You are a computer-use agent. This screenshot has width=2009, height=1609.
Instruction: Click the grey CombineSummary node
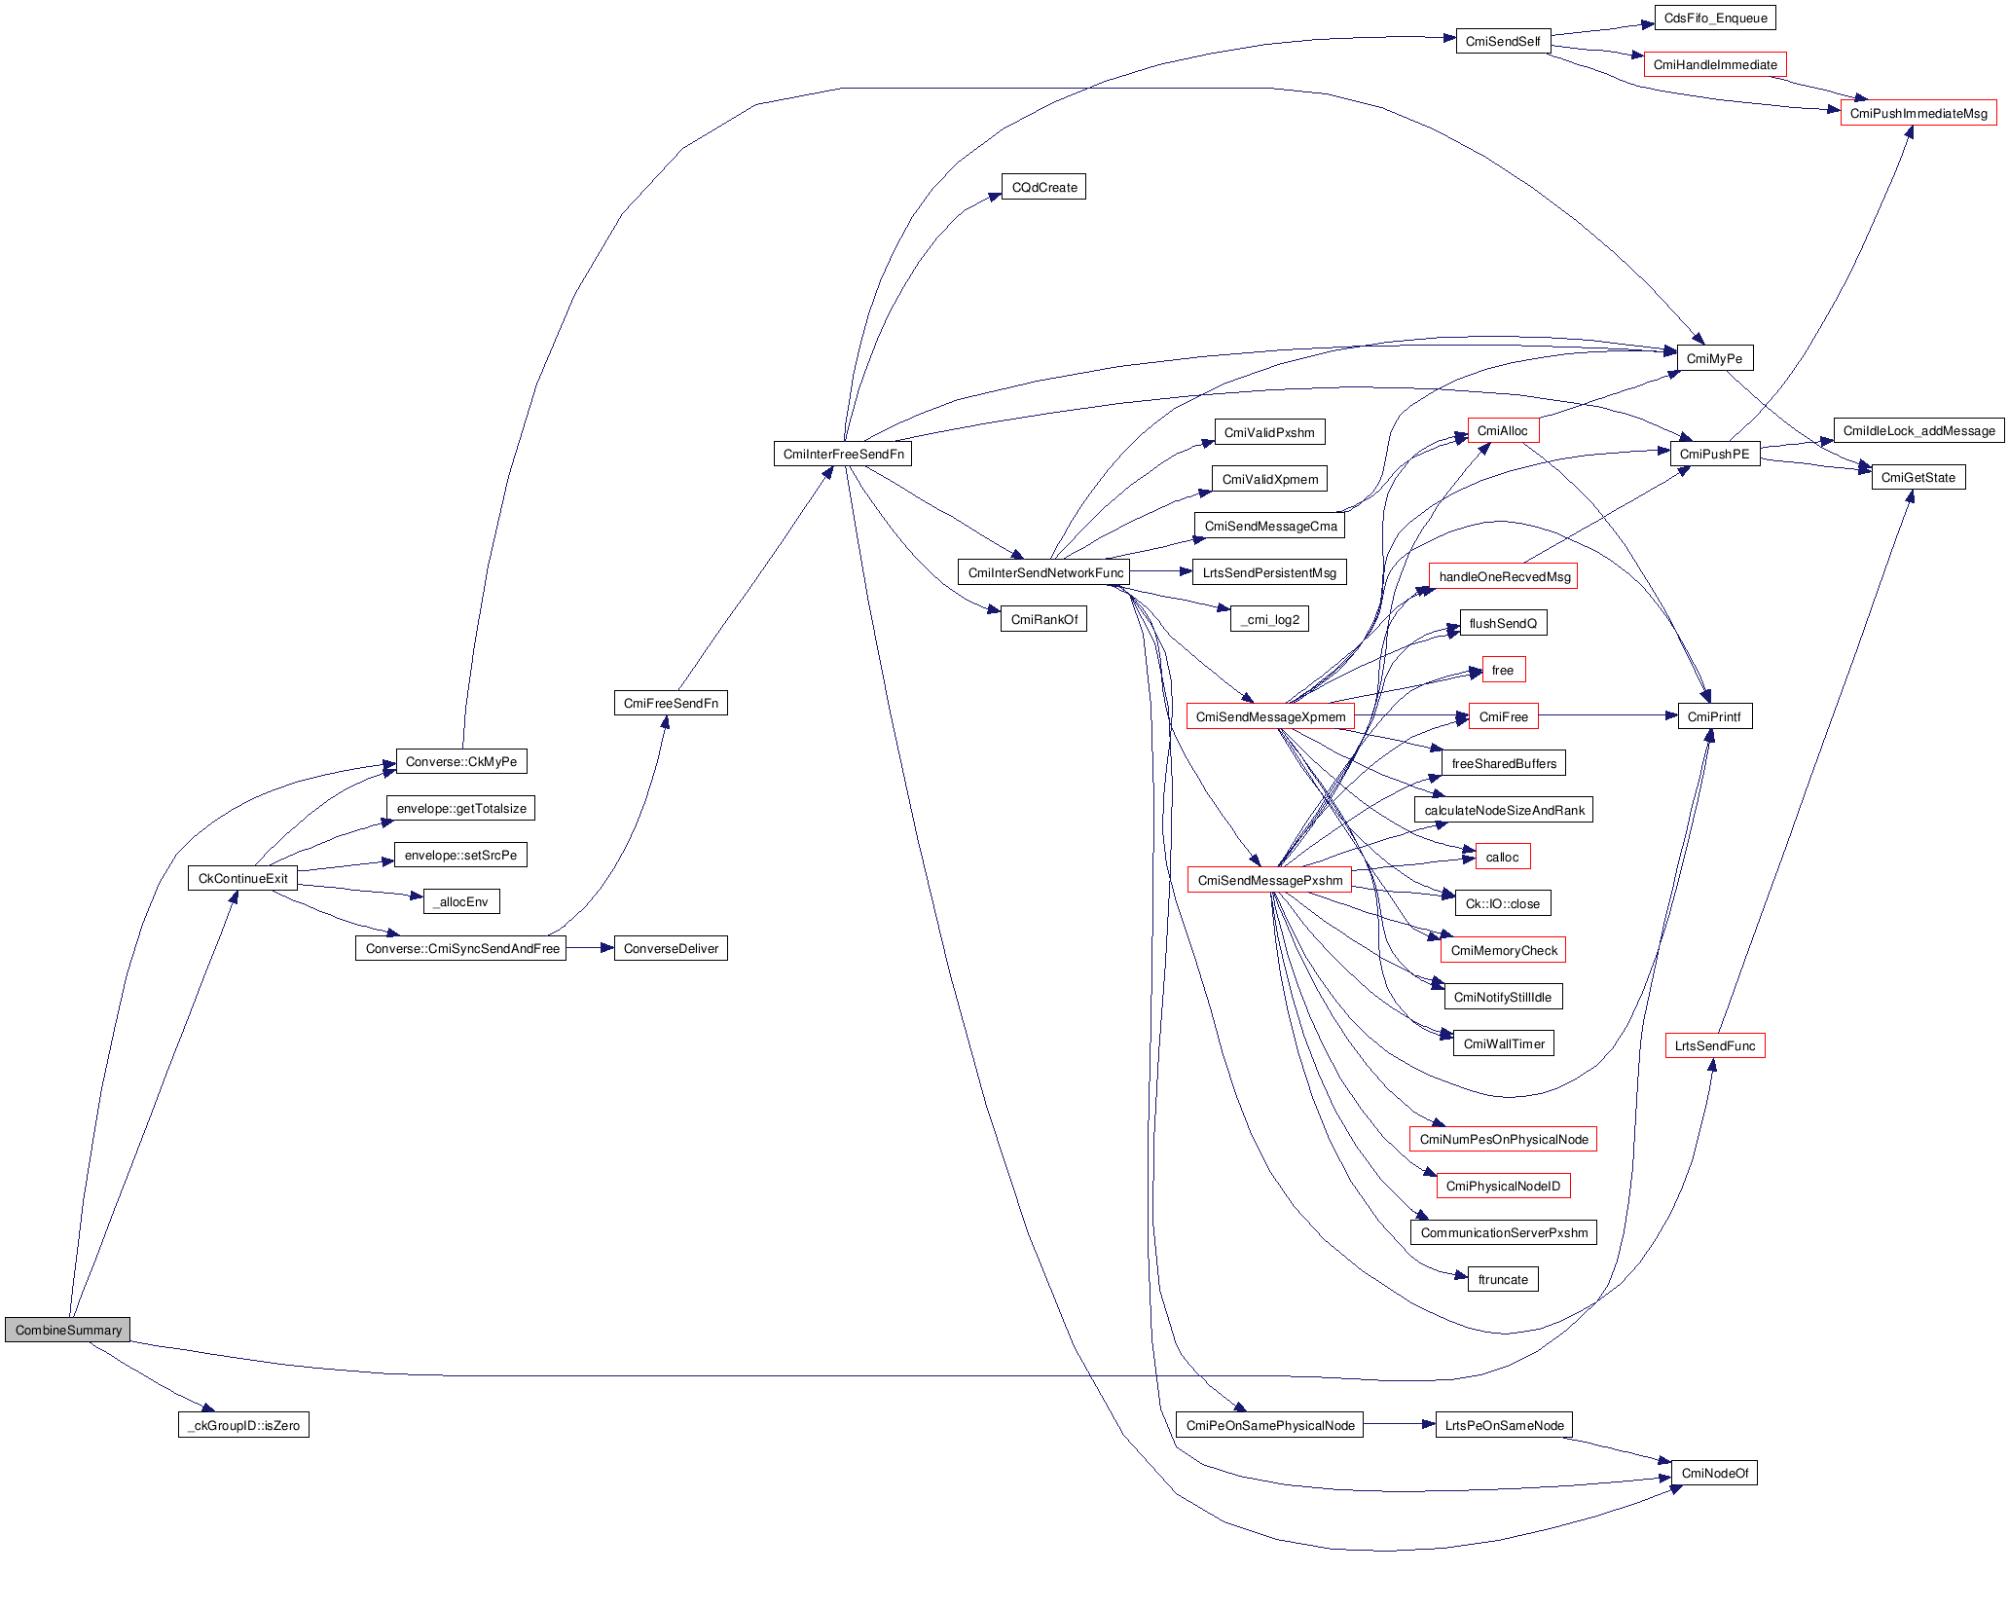coord(67,1330)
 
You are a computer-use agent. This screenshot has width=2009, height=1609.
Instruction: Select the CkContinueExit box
coord(242,878)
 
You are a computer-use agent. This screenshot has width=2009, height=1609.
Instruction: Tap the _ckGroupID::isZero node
coord(243,1425)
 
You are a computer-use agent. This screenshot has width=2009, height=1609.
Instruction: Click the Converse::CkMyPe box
coord(461,761)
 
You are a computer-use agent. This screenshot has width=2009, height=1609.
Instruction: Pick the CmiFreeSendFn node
coord(671,703)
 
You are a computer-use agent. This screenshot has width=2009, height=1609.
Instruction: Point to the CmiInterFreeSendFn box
coord(843,454)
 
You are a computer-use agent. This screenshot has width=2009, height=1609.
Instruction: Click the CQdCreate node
coord(1043,187)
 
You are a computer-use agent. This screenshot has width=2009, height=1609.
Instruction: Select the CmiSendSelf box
coord(1503,41)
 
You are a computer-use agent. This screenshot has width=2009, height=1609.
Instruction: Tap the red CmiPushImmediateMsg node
coord(1918,113)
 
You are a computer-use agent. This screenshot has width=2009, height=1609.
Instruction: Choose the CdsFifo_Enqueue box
coord(1715,18)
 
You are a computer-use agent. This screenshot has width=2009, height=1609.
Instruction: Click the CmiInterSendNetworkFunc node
coord(1044,572)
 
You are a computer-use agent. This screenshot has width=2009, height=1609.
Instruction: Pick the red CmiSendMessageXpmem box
coord(1270,716)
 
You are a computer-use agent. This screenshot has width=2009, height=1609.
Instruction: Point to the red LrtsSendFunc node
coord(1714,1045)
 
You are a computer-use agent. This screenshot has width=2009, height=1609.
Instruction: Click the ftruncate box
coord(1503,1279)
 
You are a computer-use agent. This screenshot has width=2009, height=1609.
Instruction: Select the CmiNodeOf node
coord(1714,1473)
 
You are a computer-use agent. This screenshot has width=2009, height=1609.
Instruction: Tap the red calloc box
coord(1502,857)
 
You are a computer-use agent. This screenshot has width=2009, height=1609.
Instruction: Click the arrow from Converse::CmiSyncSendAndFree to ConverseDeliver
coord(590,948)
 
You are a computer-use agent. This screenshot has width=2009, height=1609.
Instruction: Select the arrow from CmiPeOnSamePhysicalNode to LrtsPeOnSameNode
coord(1400,1425)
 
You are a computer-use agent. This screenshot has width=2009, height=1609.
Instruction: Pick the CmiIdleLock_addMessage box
coord(1918,430)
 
